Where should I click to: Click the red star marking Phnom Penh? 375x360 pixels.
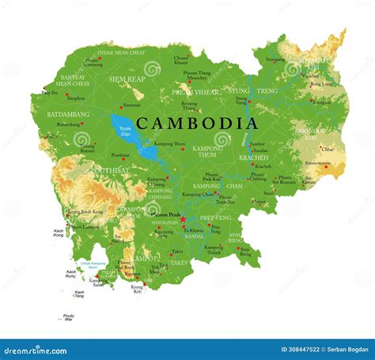tap(182, 219)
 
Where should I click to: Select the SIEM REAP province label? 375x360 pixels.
tap(127, 79)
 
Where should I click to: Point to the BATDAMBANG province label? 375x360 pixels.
tap(69, 114)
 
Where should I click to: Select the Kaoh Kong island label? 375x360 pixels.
tap(59, 233)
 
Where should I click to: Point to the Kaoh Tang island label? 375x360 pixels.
tap(79, 294)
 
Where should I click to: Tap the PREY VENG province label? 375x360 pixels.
tap(214, 217)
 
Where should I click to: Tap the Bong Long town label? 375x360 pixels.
tap(321, 84)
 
